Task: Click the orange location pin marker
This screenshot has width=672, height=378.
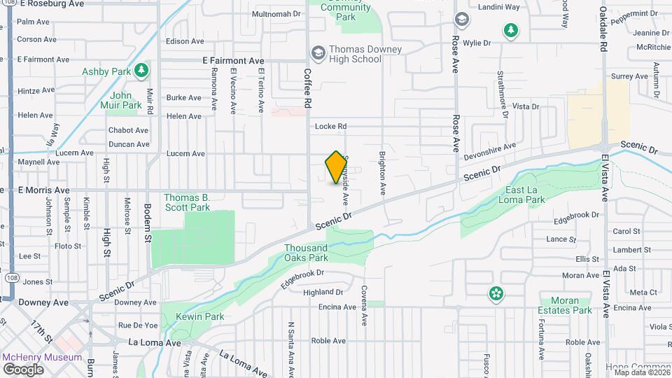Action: tap(336, 167)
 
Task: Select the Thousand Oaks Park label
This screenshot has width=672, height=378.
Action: tap(306, 253)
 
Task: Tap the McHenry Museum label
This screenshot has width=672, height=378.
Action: tap(42, 357)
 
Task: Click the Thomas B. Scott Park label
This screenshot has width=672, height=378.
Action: tap(187, 202)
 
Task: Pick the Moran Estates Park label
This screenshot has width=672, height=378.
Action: tap(565, 305)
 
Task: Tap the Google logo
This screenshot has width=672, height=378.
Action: tap(23, 369)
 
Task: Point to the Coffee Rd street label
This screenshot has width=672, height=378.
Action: tap(307, 87)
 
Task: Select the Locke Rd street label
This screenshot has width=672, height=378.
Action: tap(331, 127)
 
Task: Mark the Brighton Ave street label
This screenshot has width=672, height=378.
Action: tap(382, 173)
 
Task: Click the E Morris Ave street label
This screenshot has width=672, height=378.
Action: tap(43, 190)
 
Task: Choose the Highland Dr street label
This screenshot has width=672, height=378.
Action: tap(323, 292)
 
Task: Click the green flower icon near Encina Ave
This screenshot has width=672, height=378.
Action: tap(496, 293)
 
